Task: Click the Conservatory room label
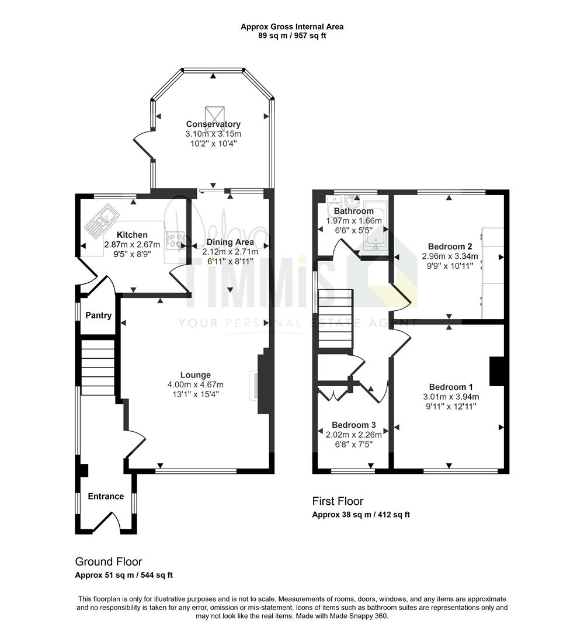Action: click(213, 124)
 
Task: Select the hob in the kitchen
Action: click(175, 240)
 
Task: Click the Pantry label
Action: click(99, 315)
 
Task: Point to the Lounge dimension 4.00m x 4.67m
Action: click(196, 384)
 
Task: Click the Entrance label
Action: click(106, 496)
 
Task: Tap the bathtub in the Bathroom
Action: click(375, 227)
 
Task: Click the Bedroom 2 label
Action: click(450, 247)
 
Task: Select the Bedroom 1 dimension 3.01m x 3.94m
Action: click(451, 396)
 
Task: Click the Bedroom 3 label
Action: click(354, 425)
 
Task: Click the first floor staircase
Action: click(336, 319)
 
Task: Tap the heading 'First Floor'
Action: click(338, 501)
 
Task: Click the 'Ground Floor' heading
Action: click(109, 561)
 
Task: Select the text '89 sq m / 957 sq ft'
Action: click(292, 36)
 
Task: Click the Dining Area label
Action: click(230, 242)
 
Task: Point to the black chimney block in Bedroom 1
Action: click(497, 371)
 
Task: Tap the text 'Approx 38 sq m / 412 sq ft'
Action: click(361, 514)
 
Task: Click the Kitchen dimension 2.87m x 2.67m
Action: click(132, 244)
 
